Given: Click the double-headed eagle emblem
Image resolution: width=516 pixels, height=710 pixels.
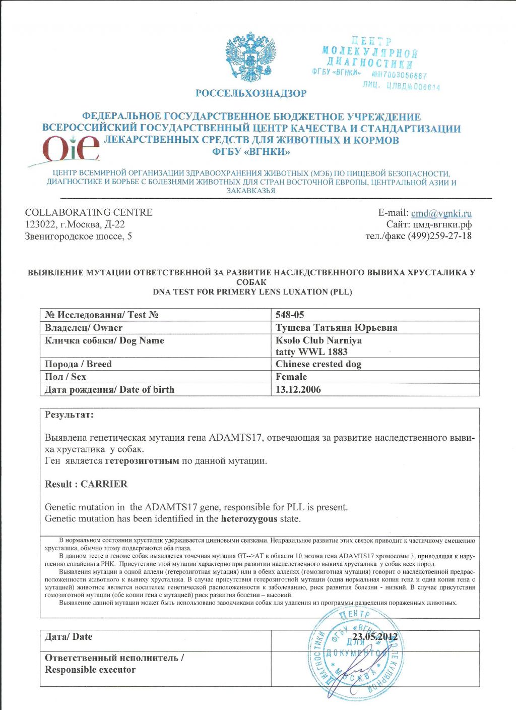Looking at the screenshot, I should [251, 57].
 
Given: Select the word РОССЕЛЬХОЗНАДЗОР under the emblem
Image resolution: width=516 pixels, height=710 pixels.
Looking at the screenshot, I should [251, 93].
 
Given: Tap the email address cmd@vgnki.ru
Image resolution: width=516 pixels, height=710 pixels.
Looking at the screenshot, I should [441, 213].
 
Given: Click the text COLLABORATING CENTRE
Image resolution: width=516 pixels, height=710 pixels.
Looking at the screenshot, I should [89, 212].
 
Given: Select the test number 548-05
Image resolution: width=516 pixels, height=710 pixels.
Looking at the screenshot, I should [290, 315].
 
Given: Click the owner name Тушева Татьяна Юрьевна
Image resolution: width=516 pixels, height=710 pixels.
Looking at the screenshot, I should [336, 328].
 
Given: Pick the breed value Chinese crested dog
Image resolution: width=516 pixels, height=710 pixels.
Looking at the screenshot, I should [318, 364].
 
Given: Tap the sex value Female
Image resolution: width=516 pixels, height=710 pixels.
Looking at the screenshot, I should [291, 377].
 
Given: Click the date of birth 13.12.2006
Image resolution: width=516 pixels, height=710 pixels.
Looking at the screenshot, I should [298, 389].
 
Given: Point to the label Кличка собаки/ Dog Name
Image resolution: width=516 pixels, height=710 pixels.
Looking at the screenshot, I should [104, 340].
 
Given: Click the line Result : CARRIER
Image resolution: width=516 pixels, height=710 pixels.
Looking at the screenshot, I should [86, 484].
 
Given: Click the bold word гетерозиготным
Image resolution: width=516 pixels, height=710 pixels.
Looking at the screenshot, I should [142, 461].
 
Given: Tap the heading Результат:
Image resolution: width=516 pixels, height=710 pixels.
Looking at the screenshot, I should [69, 415].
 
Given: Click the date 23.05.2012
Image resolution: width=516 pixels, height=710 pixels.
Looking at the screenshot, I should [375, 637].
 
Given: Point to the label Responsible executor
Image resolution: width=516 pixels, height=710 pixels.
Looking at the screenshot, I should [90, 670].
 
